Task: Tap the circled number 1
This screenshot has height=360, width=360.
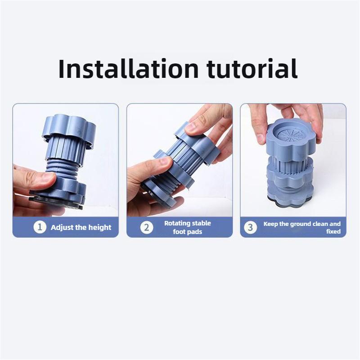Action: click(x=40, y=227)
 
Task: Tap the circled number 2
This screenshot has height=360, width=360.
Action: click(x=146, y=227)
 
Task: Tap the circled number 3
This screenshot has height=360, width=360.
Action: click(x=251, y=227)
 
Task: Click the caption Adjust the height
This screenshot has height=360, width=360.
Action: click(x=81, y=227)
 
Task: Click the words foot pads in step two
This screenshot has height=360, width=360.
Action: click(x=188, y=232)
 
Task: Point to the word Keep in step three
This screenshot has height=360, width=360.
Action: click(x=270, y=224)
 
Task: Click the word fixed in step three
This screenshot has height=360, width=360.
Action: click(x=333, y=232)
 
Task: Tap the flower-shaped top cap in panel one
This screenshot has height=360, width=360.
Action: click(x=68, y=128)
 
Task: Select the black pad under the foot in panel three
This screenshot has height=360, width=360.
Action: click(x=288, y=203)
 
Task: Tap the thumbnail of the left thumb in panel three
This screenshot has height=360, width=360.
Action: click(x=260, y=138)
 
